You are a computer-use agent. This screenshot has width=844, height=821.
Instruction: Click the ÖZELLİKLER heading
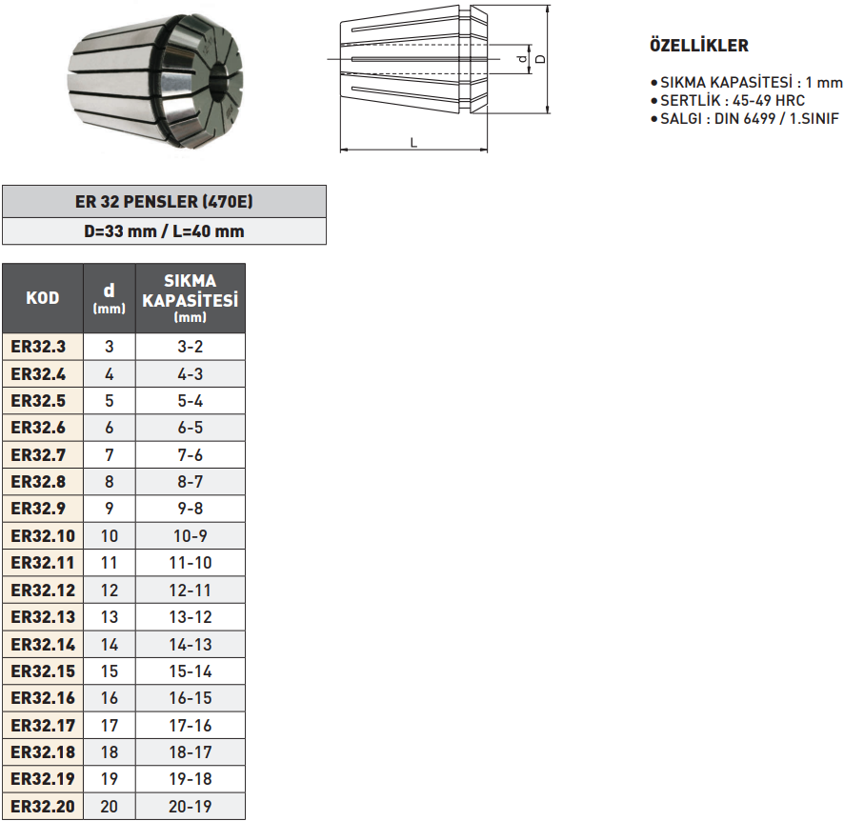point(698,46)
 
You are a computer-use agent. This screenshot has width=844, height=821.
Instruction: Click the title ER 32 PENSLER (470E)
point(164,202)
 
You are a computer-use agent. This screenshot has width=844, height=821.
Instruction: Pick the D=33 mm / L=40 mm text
point(164,230)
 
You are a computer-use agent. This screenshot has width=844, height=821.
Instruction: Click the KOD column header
point(42,298)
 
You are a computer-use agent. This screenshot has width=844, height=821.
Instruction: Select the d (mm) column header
point(109,298)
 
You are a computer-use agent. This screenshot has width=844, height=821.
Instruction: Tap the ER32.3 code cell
point(42,347)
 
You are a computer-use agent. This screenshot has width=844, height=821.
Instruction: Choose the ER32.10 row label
point(42,536)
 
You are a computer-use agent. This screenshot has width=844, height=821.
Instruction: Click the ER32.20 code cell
point(42,806)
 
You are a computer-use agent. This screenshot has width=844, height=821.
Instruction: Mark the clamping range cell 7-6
point(190,455)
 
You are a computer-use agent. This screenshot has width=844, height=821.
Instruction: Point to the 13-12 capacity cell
point(190,617)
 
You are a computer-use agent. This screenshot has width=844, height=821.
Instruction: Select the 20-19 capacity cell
point(190,806)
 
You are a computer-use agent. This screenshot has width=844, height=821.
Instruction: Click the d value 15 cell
point(109,671)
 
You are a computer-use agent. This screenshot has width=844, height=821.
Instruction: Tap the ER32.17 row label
point(42,725)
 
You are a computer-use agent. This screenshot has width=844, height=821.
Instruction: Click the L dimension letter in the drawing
point(413,142)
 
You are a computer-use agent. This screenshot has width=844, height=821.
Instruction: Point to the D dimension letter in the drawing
point(540,59)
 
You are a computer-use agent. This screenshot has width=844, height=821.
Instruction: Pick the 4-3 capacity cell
point(190,374)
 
